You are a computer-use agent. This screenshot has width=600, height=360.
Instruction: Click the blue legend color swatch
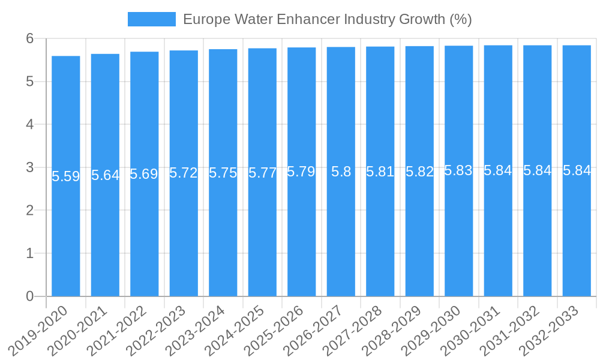152,19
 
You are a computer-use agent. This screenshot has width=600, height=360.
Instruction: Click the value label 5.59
66,176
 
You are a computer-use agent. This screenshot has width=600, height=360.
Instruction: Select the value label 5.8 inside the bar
341,172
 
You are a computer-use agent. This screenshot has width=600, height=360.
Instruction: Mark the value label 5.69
144,175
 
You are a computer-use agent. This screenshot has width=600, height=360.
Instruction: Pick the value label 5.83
458,170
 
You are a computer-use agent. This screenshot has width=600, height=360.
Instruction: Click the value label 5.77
262,173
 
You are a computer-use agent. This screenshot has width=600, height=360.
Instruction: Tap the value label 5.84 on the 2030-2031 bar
498,170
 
